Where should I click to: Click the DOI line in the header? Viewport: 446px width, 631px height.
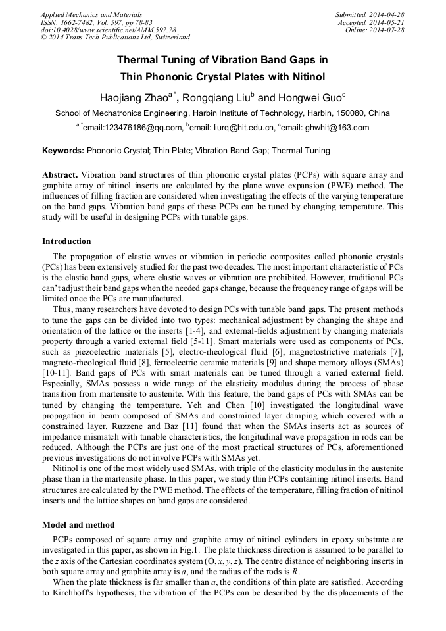(x=109, y=30)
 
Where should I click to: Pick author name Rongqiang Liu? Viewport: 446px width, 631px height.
(x=213, y=98)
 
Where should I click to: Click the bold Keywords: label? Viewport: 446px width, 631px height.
(x=63, y=151)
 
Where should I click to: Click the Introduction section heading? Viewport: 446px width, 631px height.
(x=66, y=241)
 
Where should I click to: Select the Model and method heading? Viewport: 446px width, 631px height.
(x=78, y=524)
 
